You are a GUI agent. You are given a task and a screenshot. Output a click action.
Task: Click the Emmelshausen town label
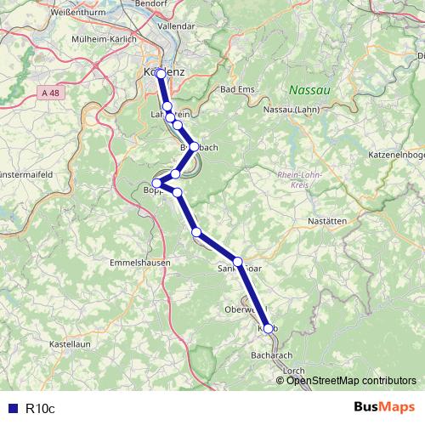point(140,263)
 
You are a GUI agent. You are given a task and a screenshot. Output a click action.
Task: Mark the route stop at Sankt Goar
point(238,262)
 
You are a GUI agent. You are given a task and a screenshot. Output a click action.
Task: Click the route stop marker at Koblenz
point(161,73)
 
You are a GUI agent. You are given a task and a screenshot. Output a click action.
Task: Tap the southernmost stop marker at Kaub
point(269,328)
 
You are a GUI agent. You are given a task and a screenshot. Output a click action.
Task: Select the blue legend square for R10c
point(10,408)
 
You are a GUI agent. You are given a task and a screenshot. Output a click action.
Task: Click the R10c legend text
point(39,408)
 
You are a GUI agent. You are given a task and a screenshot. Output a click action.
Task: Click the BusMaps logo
point(384,408)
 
